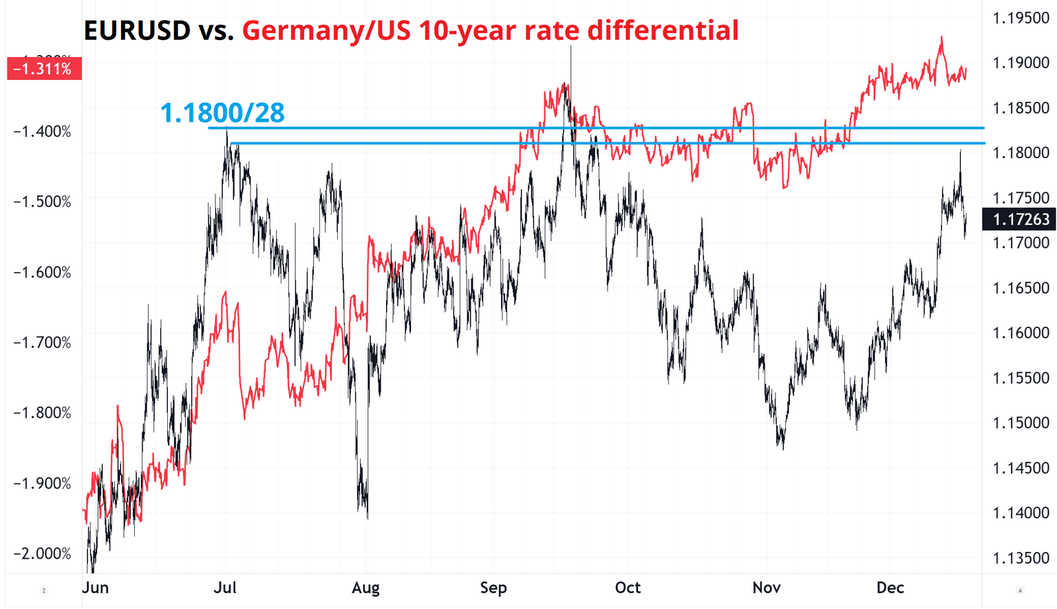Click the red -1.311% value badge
pos(43,69)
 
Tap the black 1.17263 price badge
pos(1021,220)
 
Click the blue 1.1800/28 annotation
pos(222,113)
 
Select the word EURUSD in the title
pos(137,31)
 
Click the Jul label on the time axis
pos(225,588)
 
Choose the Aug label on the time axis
pos(365,588)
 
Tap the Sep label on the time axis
pos(493,588)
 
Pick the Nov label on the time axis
pos(767,588)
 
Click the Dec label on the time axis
pos(890,588)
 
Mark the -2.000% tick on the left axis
pos(43,554)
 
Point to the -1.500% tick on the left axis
pos(43,202)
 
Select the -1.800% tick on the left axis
pos(43,413)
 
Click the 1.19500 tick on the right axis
pos(1021,18)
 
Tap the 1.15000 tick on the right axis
pos(1021,423)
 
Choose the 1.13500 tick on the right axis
pos(1021,557)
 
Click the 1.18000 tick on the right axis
pos(1021,153)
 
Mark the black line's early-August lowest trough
pos(367,517)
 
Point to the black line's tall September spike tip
pos(570,47)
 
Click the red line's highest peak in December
pos(941,38)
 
